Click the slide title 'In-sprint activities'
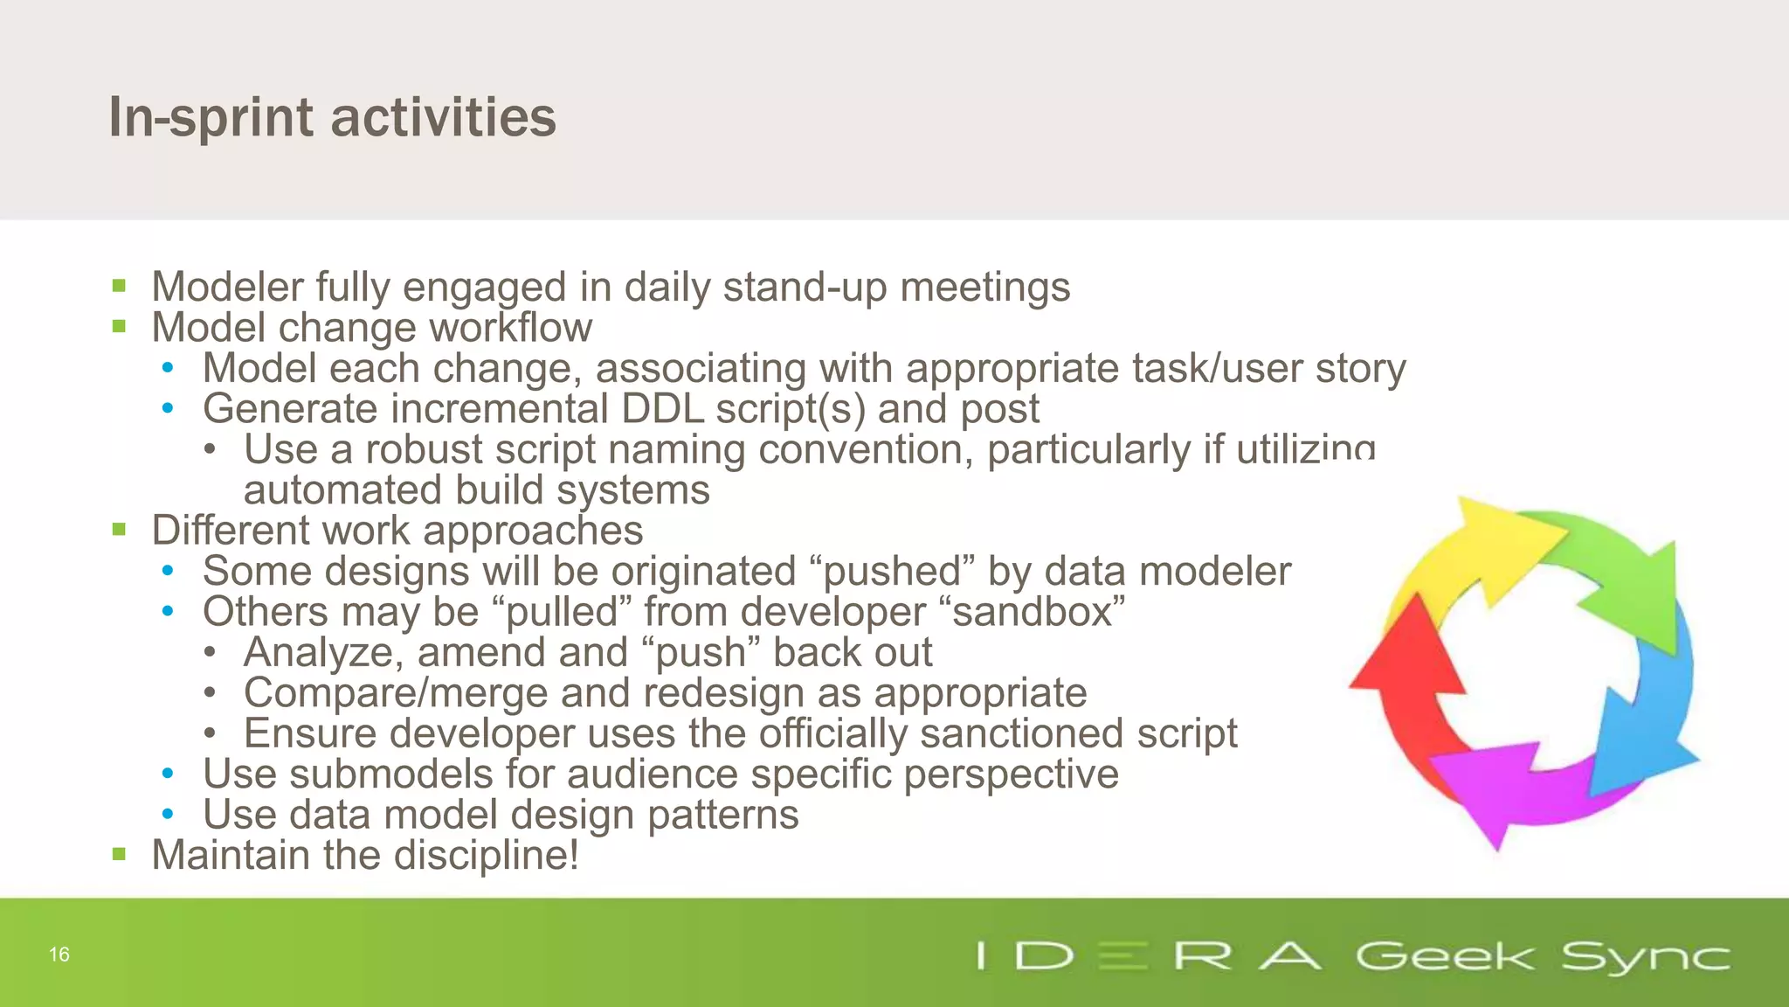[x=332, y=117]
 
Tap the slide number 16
[x=59, y=955]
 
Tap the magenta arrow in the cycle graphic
[x=1511, y=787]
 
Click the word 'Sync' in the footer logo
[x=1645, y=957]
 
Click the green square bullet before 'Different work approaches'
[x=120, y=530]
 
